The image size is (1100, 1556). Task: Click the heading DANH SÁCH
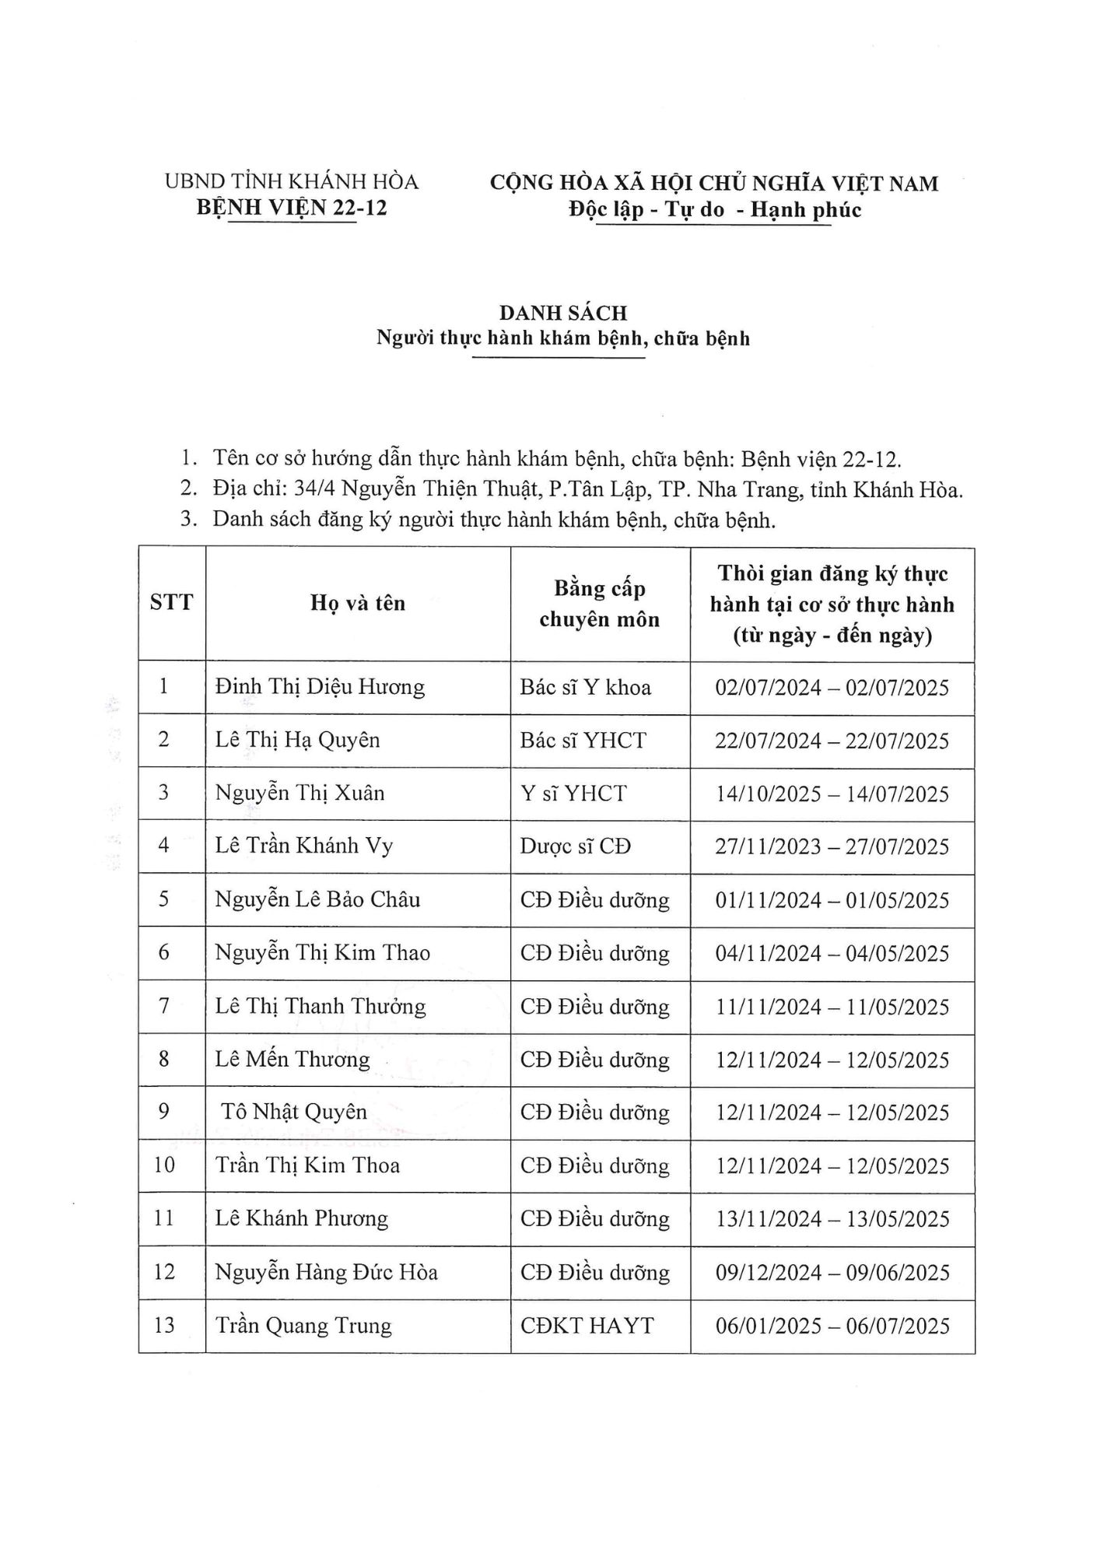[563, 313]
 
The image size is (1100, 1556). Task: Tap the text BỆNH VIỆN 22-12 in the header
[292, 208]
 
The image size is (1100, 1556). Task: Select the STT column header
[171, 603]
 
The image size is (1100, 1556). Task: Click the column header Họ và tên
[358, 603]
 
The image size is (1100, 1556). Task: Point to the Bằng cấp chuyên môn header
[600, 604]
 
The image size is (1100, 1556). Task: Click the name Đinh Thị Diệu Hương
[320, 687]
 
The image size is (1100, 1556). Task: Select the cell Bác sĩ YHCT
[583, 740]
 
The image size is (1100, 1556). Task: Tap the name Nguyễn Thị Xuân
[300, 793]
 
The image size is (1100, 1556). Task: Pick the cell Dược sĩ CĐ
[575, 846]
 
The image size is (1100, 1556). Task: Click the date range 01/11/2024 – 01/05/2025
[832, 900]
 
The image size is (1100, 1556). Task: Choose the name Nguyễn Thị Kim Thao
[322, 953]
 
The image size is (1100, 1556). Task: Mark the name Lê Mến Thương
[293, 1060]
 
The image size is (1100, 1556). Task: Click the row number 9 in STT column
[163, 1112]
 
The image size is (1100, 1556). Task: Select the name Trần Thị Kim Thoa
[307, 1165]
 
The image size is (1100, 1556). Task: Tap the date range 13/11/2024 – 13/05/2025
[832, 1218]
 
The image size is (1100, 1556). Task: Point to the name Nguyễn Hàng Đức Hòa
[326, 1272]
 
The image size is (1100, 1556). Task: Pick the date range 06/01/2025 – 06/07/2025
[832, 1326]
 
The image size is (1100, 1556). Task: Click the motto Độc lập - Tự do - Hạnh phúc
[714, 209]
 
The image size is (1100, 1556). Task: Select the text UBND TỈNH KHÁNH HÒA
[292, 182]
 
